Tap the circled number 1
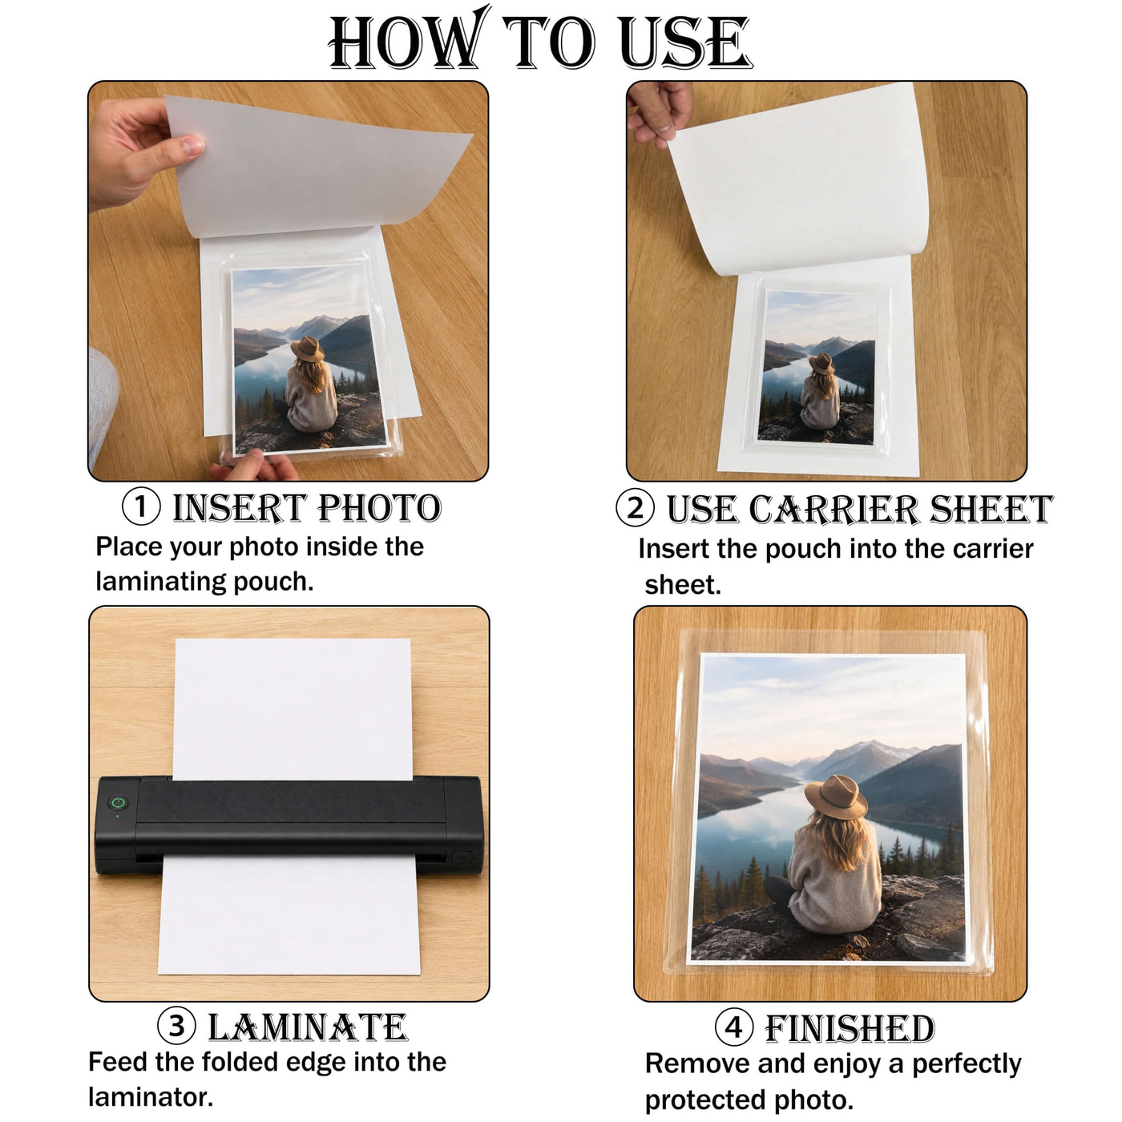(141, 507)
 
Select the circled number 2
(635, 508)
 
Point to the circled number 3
(176, 1026)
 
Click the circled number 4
(733, 1027)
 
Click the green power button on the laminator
(118, 803)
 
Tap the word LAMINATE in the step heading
(308, 1027)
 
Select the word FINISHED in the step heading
(849, 1029)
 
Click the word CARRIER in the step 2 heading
(833, 510)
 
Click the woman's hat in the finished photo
(836, 798)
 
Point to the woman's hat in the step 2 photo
(821, 364)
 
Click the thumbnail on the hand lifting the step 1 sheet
(192, 145)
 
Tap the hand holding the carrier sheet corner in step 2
(659, 112)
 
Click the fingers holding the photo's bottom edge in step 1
(254, 466)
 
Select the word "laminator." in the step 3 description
(151, 1098)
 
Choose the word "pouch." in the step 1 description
(273, 582)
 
